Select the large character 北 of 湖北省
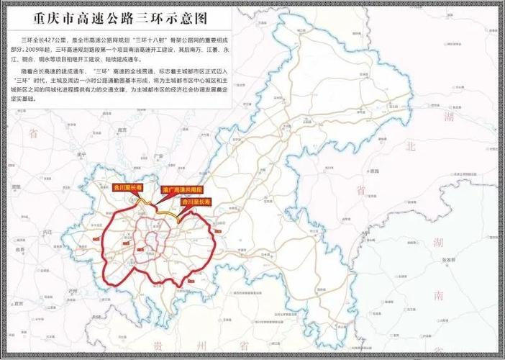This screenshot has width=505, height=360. (411, 146)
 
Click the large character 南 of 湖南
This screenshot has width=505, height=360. (438, 296)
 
